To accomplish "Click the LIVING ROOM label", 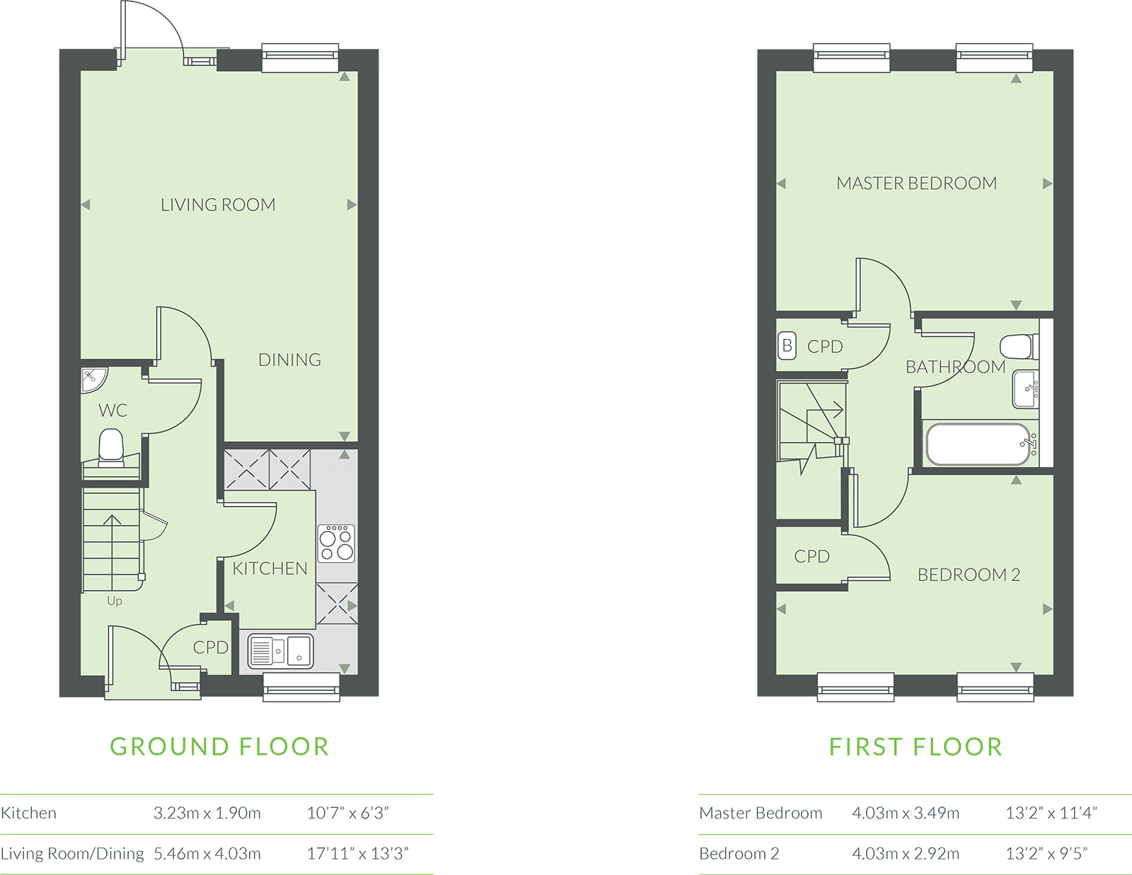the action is coord(218,205).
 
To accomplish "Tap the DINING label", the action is coord(289,360).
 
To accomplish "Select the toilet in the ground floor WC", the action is coord(111,447).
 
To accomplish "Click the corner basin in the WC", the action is coord(93,379).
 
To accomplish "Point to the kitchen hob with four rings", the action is coord(336,543).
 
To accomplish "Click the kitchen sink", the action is coord(280,651).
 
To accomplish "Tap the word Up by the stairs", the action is coord(115,601).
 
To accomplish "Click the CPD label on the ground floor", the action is coord(210,647).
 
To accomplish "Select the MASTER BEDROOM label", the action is coord(916,183).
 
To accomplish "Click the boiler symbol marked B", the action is coord(787,345).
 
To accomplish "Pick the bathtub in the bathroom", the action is coord(977,444).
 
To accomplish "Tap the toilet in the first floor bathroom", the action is coord(1018,347).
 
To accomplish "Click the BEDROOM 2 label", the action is coord(969,575).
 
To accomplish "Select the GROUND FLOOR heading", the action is coord(219,746).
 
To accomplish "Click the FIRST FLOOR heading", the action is coord(916,746).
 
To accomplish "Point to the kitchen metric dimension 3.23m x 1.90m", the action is coord(207,813).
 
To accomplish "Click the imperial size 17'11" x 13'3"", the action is coord(357,854).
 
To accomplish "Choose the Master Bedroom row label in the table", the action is coord(761,813).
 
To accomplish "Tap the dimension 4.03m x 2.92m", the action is coord(906,854).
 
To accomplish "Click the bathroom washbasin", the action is coord(1025,389).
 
